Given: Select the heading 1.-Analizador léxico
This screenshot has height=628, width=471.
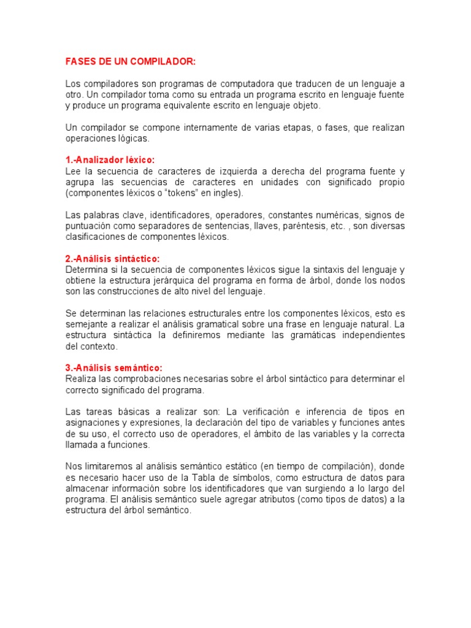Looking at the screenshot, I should (110, 159).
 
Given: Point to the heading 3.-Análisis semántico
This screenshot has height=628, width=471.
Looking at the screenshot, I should (113, 367).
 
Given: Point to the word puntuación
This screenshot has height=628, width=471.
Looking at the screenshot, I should (87, 226).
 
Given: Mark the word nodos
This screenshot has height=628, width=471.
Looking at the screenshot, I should (392, 280).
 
